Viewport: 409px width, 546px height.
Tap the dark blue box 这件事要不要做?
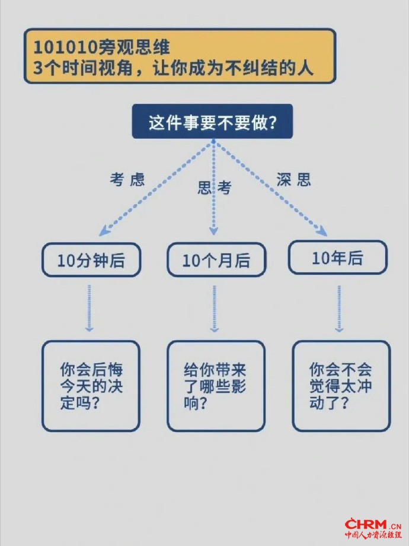[x=212, y=122]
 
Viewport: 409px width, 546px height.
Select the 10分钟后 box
[x=91, y=260]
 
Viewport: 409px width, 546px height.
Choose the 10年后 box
[x=337, y=258]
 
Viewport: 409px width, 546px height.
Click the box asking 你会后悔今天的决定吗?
[x=91, y=386]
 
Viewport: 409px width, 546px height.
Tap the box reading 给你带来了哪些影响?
[x=216, y=386]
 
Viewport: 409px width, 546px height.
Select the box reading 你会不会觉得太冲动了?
[x=341, y=386]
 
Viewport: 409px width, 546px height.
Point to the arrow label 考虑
[x=127, y=180]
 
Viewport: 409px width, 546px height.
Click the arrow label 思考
[x=214, y=188]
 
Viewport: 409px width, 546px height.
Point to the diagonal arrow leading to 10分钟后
[x=157, y=187]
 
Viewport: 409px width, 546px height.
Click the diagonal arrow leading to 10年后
[x=270, y=187]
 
